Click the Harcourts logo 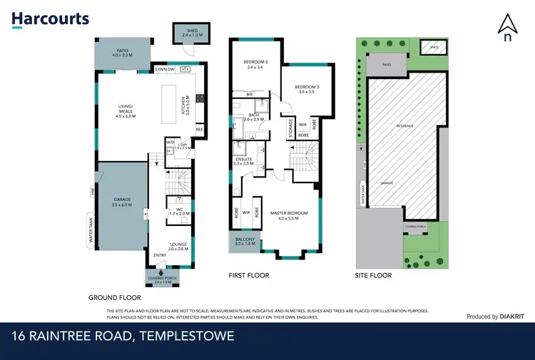[x=51, y=19]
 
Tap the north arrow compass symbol [x=506, y=29]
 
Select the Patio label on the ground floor [x=123, y=51]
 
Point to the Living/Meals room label [x=126, y=110]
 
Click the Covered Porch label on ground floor [x=163, y=279]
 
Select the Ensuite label [x=243, y=162]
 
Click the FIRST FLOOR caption [x=248, y=275]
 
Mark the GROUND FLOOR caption [x=114, y=297]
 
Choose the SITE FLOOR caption [x=373, y=275]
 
